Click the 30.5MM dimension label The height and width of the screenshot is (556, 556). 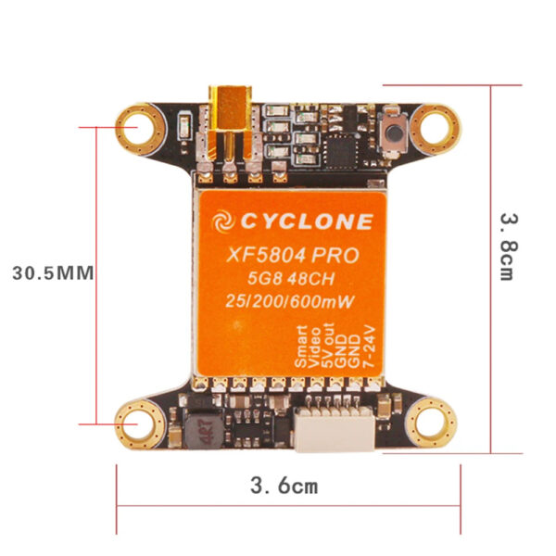pos(50,273)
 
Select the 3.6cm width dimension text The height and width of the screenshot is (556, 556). pos(284,485)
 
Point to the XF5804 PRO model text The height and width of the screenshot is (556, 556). pos(284,255)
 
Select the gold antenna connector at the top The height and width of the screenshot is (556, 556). pos(227,120)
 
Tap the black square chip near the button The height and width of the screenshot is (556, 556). pos(344,146)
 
